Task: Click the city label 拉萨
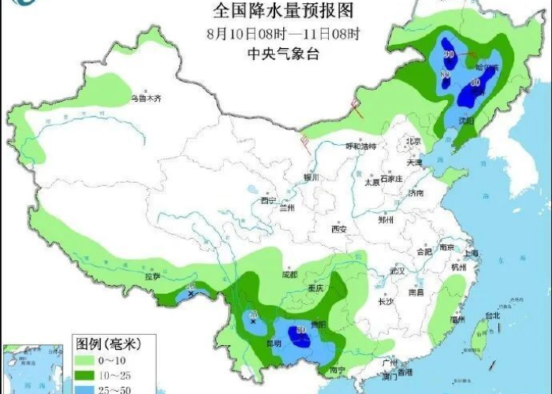tap(152, 277)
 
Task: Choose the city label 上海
tap(472, 253)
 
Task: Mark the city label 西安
tap(339, 229)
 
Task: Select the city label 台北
tap(493, 315)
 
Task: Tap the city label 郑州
tap(385, 221)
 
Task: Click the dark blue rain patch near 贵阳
tap(300, 336)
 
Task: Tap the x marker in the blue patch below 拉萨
tap(192, 294)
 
